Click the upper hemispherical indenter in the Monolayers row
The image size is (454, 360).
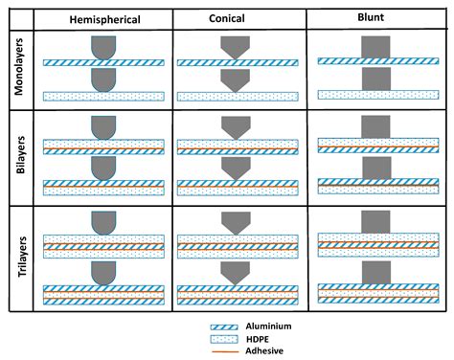tap(103, 47)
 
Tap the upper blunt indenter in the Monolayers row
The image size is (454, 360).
tap(376, 46)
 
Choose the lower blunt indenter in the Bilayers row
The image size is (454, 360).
tap(376, 168)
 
